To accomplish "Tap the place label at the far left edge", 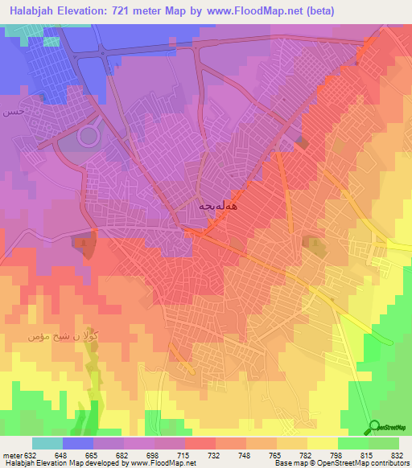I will [x=11, y=111].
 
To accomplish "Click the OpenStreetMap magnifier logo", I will [x=373, y=427].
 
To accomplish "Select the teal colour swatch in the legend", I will [x=47, y=443].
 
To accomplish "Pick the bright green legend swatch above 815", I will [x=352, y=443].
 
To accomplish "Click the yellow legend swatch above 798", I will [x=322, y=443].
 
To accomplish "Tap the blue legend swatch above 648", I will [x=77, y=443].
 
